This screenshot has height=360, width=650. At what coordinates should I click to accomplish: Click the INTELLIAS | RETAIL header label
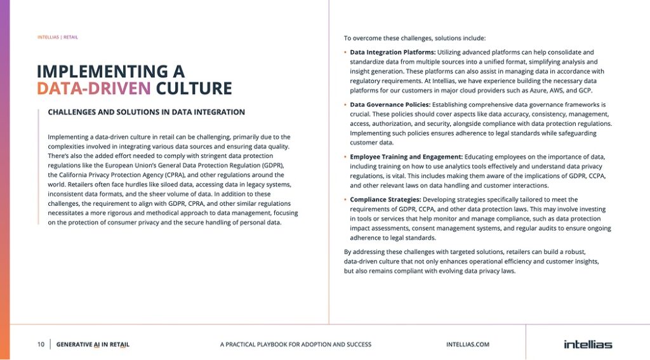tap(58, 37)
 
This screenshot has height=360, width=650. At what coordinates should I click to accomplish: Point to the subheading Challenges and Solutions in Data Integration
tap(146, 112)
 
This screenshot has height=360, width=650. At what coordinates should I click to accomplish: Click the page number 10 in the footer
tap(41, 344)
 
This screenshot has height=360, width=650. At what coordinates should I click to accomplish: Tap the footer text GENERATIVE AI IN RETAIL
tap(93, 344)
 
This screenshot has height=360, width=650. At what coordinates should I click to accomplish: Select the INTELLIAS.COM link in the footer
tap(468, 344)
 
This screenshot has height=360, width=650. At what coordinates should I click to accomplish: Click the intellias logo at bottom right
tap(588, 344)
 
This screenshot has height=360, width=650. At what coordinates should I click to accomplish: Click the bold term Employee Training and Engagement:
tap(406, 156)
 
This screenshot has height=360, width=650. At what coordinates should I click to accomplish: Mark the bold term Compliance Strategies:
tap(385, 199)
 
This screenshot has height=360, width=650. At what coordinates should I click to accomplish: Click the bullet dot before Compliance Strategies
tap(345, 199)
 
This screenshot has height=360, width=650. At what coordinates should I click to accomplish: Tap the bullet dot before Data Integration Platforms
tap(345, 52)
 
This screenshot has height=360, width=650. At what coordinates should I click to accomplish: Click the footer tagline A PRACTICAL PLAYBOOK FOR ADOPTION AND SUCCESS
tap(295, 344)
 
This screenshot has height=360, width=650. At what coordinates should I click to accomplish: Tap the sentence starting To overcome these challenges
tap(415, 37)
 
